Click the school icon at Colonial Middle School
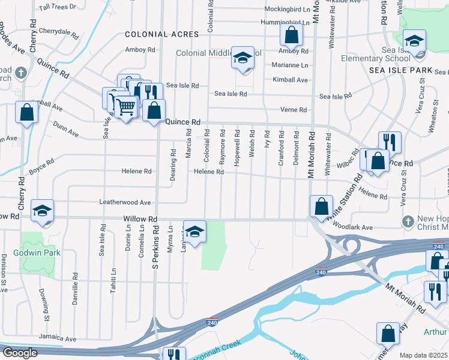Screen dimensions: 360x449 click(x=243, y=58)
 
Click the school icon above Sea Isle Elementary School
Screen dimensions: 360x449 click(x=414, y=41)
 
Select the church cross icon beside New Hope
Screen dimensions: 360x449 click(x=408, y=220)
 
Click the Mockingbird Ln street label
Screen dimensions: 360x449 click(x=286, y=10)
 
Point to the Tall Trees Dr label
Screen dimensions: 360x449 click(x=57, y=7)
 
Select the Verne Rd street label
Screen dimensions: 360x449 click(x=294, y=110)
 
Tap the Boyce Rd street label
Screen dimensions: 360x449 click(x=41, y=166)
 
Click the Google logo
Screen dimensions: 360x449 click(x=20, y=353)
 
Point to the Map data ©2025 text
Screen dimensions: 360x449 click(x=423, y=355)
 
